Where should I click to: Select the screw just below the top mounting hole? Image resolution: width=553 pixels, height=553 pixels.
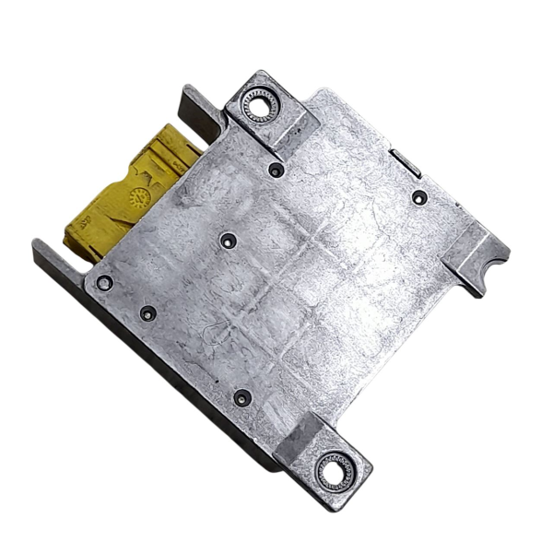click(x=276, y=170)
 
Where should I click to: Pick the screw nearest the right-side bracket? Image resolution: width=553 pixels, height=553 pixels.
click(x=418, y=197)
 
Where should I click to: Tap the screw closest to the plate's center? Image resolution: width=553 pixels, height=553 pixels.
click(x=229, y=241)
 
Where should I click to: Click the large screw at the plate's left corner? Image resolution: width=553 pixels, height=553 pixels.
click(x=105, y=282)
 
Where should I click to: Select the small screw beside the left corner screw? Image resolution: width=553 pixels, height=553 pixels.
click(x=147, y=313)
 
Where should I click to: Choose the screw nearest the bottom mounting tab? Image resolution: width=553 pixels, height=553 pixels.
click(x=242, y=398)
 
